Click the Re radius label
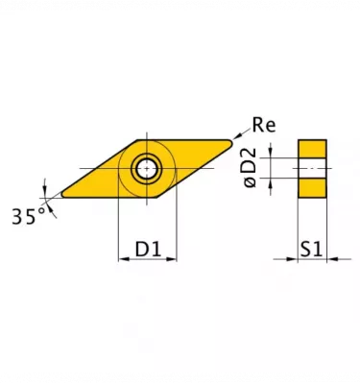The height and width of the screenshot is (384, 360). point(264,125)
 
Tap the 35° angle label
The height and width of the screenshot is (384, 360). point(28,216)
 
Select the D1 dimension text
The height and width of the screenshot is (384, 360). point(148,250)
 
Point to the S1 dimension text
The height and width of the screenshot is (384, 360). point(311,250)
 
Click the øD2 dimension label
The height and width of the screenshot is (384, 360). point(248,169)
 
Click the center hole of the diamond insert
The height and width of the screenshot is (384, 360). point(147,169)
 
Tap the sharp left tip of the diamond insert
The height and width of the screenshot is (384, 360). point(58,194)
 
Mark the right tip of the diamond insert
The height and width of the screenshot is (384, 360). point(235,141)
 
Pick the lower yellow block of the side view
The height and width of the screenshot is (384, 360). point(312,187)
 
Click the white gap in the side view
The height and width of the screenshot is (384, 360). point(312,168)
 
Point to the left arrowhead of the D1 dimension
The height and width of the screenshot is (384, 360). point(122,259)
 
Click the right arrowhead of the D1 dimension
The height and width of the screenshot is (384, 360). point(174,259)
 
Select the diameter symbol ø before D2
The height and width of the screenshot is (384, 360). point(248,183)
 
